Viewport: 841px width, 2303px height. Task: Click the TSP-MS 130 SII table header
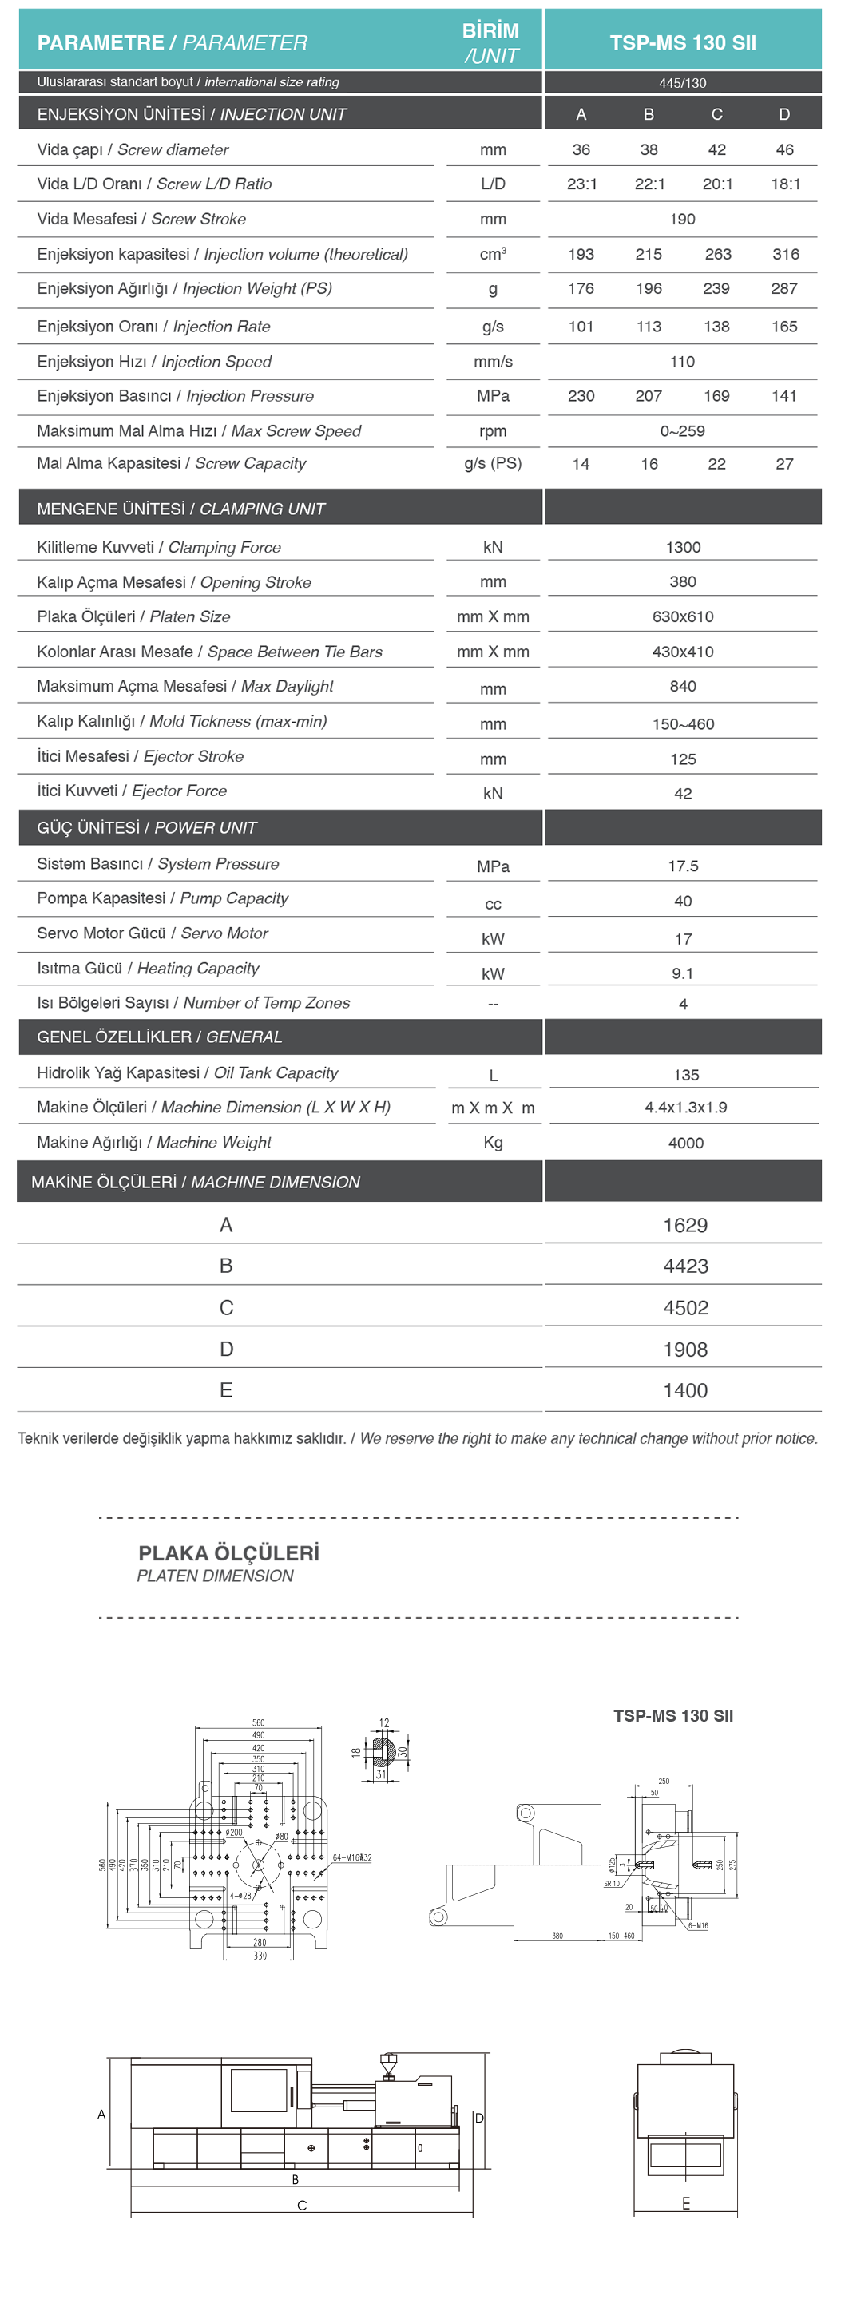(x=682, y=42)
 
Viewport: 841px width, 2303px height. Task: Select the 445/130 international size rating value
(x=682, y=83)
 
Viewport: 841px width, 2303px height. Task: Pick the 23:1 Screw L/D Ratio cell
(x=581, y=184)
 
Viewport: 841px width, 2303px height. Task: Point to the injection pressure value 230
(x=581, y=396)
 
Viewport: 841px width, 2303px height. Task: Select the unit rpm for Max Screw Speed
(x=493, y=431)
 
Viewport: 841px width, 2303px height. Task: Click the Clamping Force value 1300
(x=683, y=547)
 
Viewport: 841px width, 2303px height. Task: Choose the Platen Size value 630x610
(x=683, y=616)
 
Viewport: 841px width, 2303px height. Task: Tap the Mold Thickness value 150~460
(x=683, y=724)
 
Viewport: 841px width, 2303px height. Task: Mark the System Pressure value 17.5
(x=683, y=866)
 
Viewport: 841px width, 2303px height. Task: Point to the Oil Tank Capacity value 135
(x=685, y=1075)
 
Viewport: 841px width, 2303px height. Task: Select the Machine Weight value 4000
(x=685, y=1143)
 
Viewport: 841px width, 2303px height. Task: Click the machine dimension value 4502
(x=685, y=1308)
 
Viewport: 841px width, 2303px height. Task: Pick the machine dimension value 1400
(x=685, y=1390)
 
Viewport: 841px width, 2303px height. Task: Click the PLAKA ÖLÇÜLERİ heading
(x=228, y=1553)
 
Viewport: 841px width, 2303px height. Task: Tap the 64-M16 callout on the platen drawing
(x=351, y=1857)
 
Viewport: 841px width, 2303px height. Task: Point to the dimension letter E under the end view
(x=685, y=2204)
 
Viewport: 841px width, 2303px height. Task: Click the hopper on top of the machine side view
(x=388, y=2065)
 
